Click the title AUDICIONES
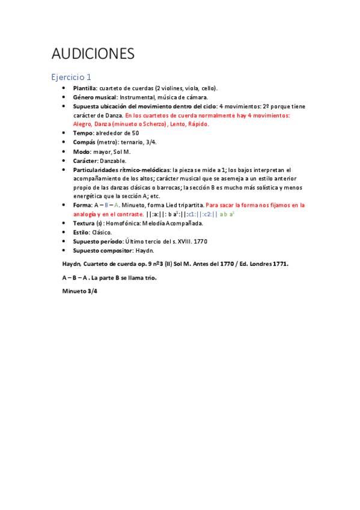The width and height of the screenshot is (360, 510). click(93, 54)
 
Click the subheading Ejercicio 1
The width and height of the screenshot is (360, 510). click(71, 77)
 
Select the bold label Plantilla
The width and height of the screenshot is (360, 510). click(84, 88)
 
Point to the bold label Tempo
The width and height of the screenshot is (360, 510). click(83, 132)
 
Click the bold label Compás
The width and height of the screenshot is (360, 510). click(84, 142)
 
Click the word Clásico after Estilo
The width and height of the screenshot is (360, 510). click(102, 232)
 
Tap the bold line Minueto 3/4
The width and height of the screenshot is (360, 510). click(79, 291)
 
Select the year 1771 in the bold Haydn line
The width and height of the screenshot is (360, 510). click(279, 263)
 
